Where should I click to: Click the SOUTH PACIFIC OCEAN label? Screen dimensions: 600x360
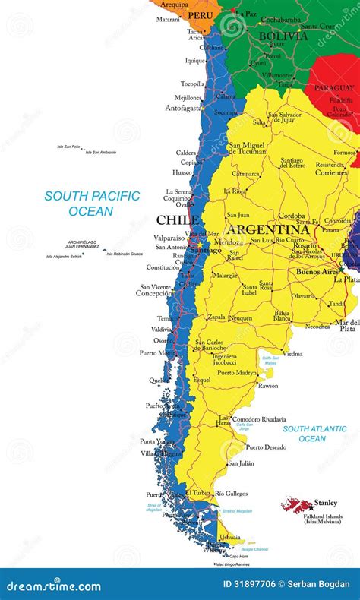click(x=92, y=204)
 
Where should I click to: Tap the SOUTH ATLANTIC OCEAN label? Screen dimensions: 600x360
click(x=314, y=434)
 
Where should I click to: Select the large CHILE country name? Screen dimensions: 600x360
click(x=177, y=220)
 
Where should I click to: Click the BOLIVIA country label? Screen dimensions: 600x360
click(x=283, y=36)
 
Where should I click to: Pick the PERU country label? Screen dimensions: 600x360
click(x=201, y=14)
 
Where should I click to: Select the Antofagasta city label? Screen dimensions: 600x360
click(x=182, y=108)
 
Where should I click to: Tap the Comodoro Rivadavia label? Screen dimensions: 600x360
click(x=258, y=419)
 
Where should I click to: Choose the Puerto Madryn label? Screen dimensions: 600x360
click(x=238, y=373)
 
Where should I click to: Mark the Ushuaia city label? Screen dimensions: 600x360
click(x=229, y=537)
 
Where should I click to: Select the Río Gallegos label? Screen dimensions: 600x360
click(x=231, y=494)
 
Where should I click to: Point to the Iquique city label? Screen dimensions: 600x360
click(x=194, y=60)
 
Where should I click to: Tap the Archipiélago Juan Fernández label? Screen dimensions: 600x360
click(x=82, y=245)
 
